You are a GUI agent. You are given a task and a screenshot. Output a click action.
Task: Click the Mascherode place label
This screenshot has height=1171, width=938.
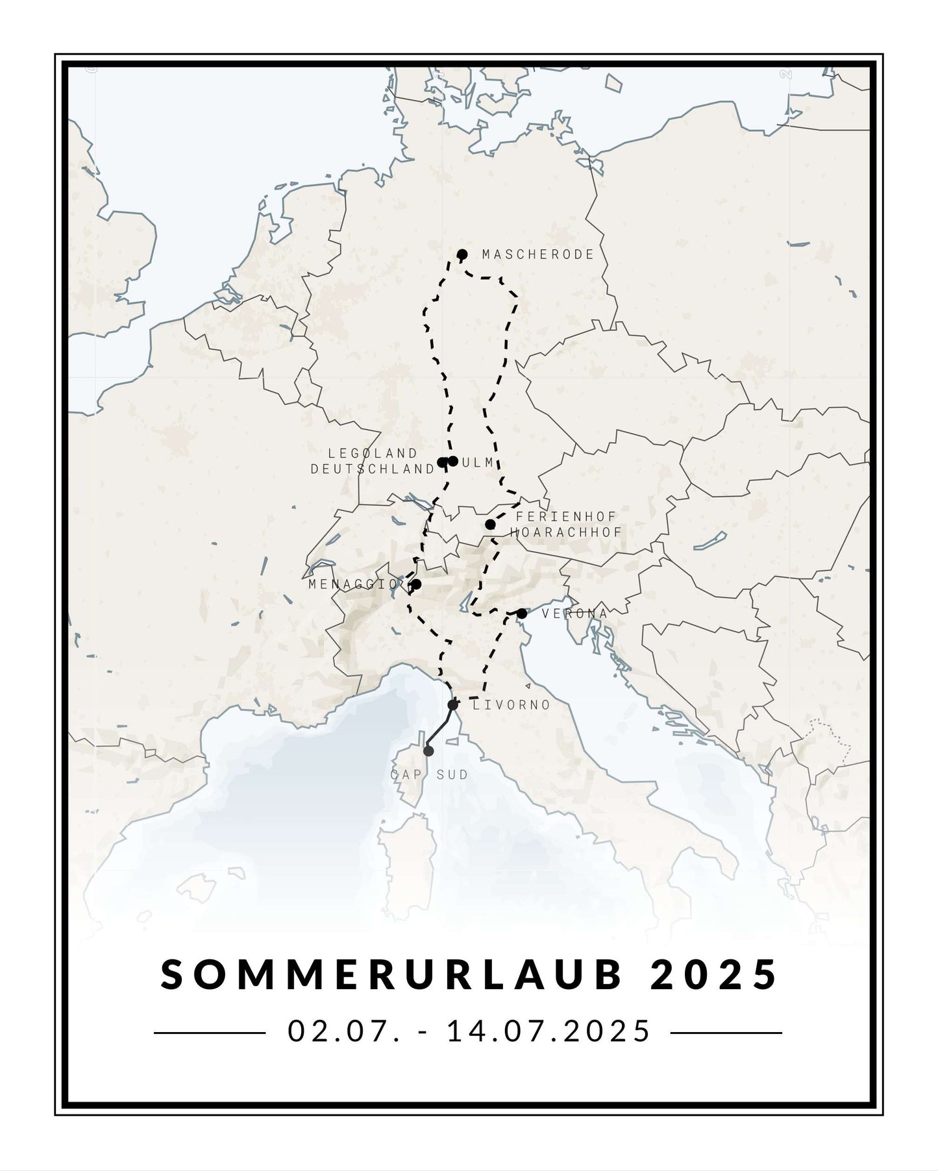tap(537, 254)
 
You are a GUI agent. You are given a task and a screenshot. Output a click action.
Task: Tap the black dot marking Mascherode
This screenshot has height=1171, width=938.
tap(462, 254)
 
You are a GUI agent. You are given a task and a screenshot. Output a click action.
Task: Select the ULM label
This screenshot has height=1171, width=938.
tap(480, 462)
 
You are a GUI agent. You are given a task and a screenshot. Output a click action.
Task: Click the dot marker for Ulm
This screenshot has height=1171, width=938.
tap(453, 461)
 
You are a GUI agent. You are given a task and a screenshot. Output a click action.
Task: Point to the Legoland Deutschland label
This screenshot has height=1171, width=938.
tap(373, 461)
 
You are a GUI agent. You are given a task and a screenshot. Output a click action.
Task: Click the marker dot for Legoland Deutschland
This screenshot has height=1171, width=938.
tap(443, 462)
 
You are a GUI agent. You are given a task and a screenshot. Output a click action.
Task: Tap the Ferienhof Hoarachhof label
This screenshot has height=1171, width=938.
tap(565, 524)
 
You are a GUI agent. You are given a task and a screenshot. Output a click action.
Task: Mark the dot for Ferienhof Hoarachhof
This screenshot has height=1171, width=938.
tap(490, 524)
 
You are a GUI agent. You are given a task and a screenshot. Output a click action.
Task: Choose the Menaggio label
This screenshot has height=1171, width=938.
tap(353, 584)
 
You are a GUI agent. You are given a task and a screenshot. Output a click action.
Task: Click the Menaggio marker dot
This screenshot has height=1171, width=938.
tap(416, 584)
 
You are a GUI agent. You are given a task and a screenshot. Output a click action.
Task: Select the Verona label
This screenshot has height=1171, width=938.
tap(574, 613)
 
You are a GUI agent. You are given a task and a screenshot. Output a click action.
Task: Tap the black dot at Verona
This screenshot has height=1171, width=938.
tap(522, 613)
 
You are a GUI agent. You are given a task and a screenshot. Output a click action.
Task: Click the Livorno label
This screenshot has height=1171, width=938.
tap(512, 704)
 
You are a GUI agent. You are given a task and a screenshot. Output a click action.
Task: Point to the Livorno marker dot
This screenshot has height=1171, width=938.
tap(452, 705)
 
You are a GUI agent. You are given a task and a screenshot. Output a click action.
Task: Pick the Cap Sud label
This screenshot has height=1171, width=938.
tap(429, 774)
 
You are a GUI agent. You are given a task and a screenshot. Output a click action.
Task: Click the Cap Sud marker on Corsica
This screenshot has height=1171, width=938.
tap(428, 751)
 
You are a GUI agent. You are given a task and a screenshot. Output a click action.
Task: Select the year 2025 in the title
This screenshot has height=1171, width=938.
tap(713, 975)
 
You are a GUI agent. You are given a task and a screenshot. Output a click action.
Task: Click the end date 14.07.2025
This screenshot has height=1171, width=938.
tap(549, 1031)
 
